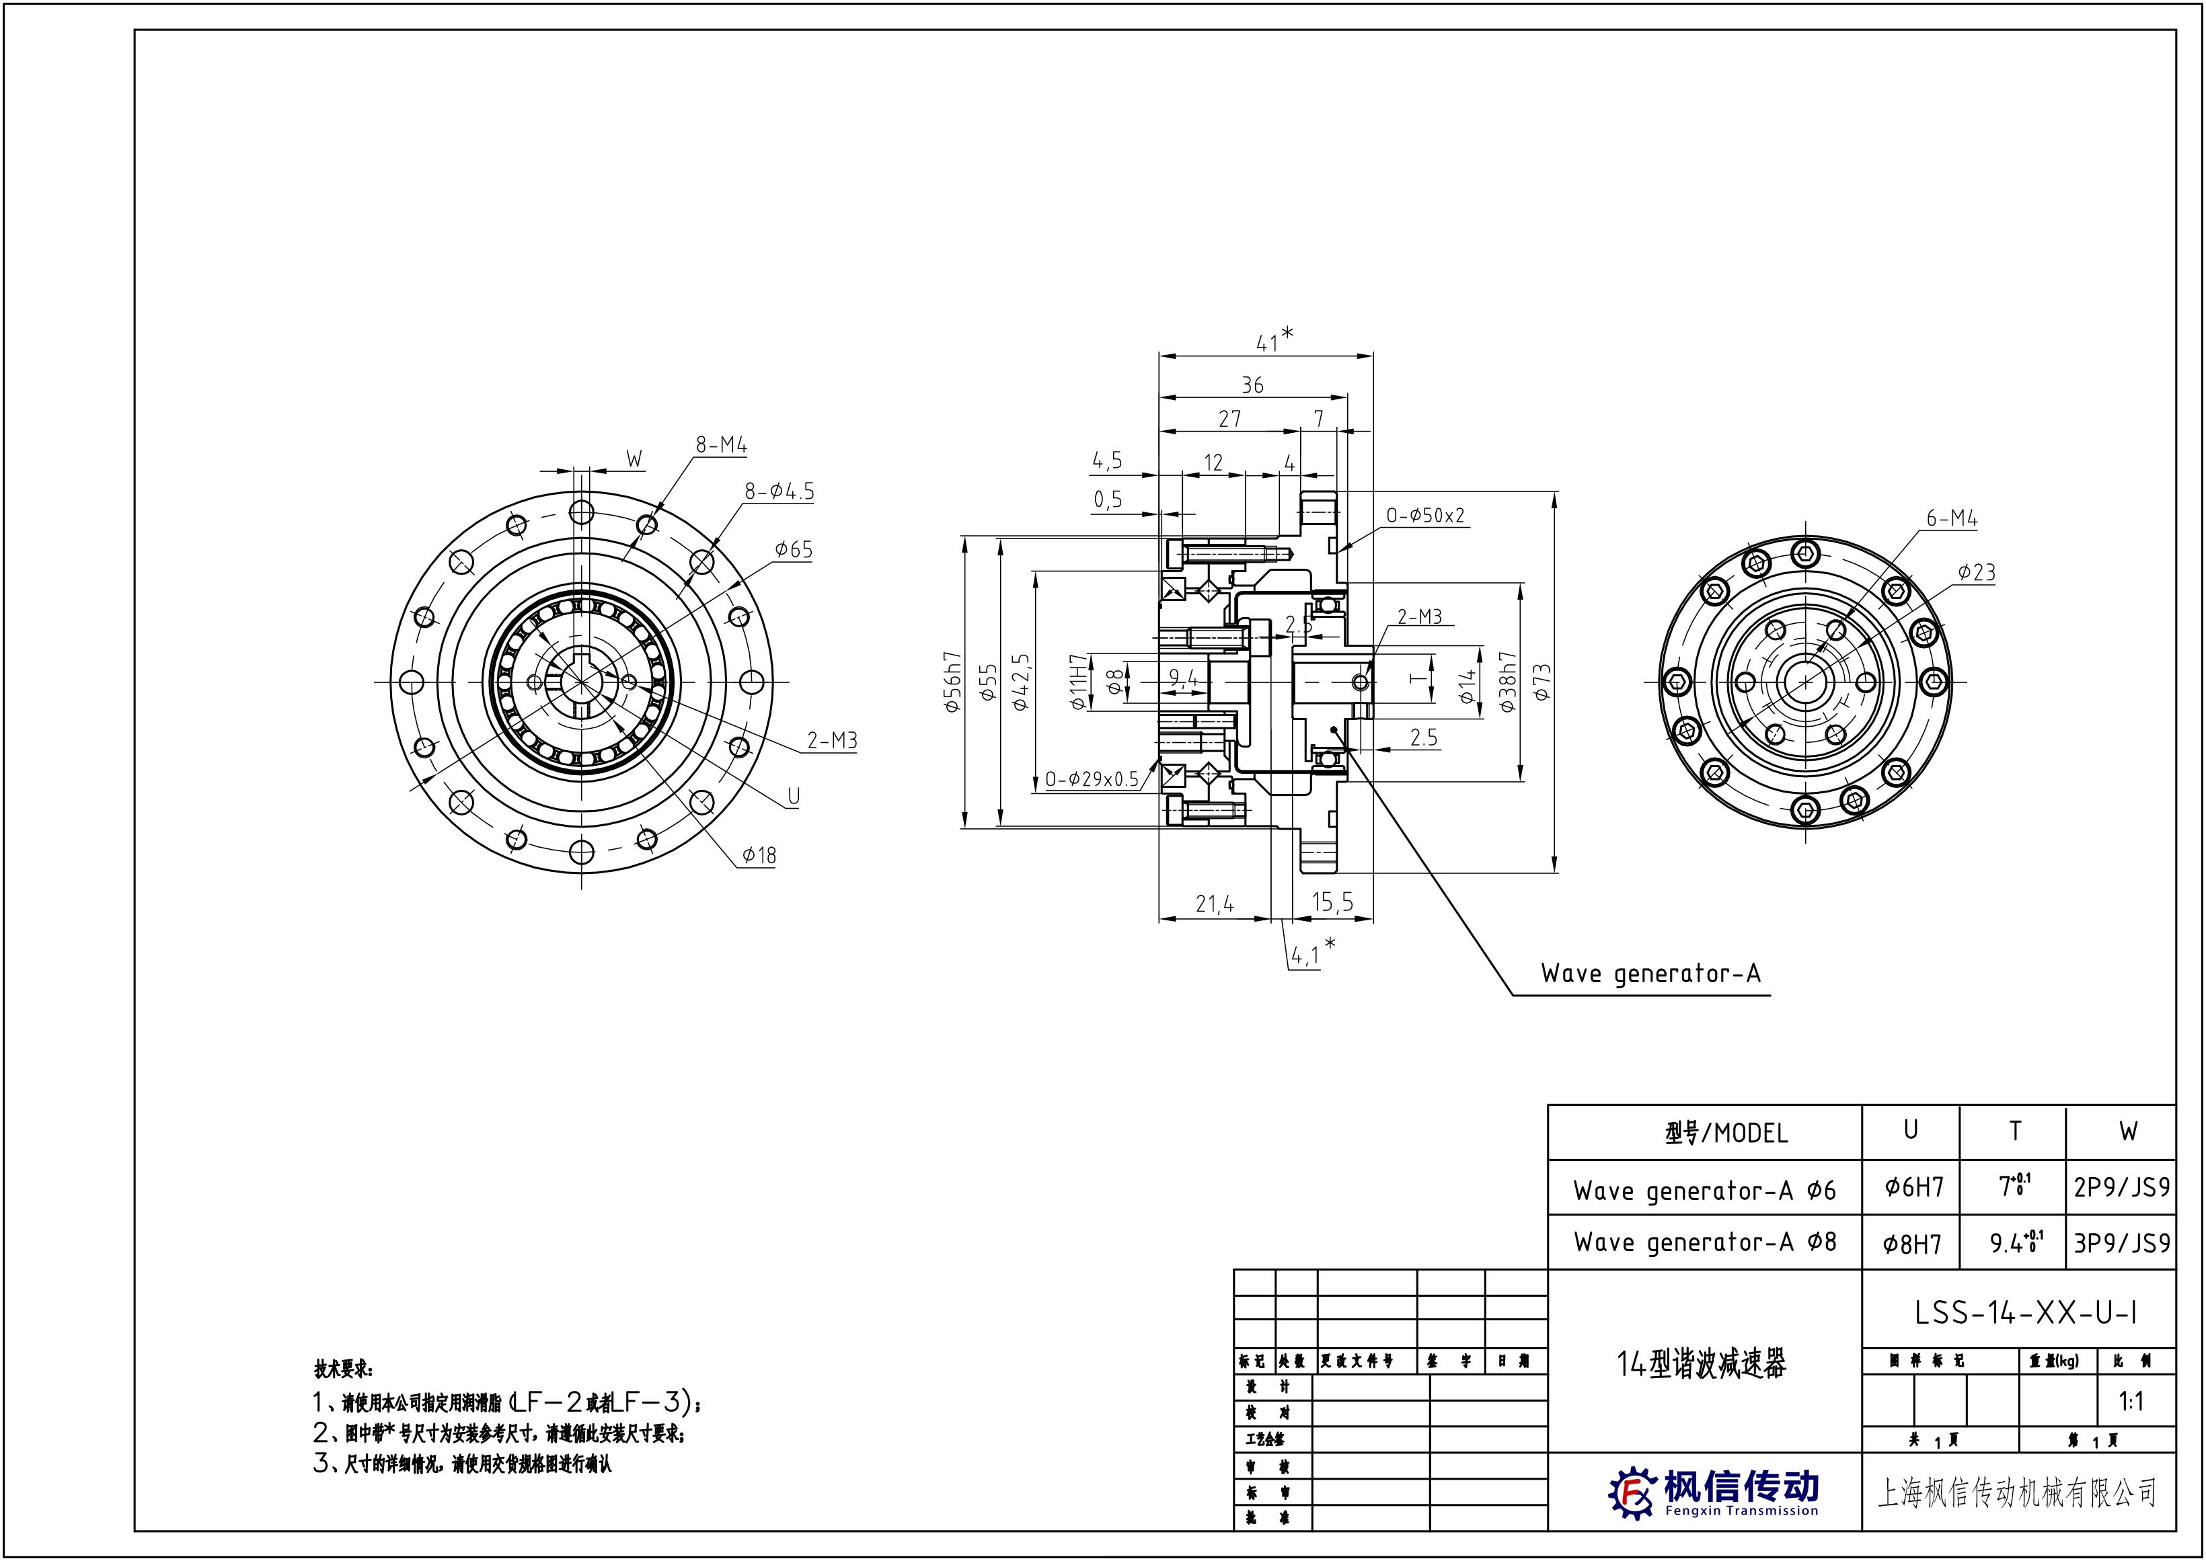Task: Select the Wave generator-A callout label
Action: tap(1650, 973)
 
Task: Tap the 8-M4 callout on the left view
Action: tap(721, 445)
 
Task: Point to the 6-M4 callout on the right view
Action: tap(1951, 519)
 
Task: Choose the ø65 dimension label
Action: tap(794, 550)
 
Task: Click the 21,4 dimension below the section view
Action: tap(1215, 904)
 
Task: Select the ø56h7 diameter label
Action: tap(952, 682)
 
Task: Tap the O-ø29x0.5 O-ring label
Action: tap(1092, 778)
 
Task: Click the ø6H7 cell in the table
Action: tap(1913, 1188)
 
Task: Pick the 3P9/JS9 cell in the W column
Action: tap(2121, 1243)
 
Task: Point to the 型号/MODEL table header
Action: tap(1726, 1133)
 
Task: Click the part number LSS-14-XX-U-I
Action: tap(2025, 1313)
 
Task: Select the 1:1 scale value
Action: tap(2131, 1402)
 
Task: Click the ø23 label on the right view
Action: tap(1976, 573)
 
